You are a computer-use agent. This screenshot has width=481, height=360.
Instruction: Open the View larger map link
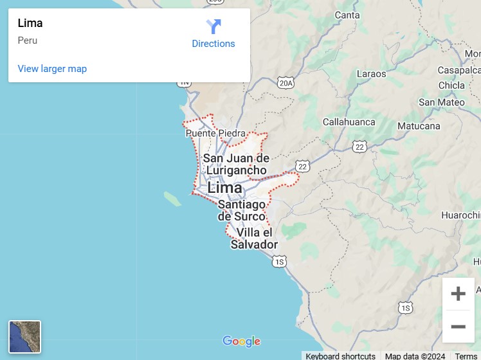[x=52, y=69]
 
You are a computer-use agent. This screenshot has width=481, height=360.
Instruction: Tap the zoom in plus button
[x=458, y=294]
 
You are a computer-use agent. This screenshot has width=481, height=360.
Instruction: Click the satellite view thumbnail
[x=24, y=337]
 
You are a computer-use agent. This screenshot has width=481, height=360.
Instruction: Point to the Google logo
[x=241, y=341]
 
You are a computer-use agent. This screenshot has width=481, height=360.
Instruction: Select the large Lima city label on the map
[x=224, y=188]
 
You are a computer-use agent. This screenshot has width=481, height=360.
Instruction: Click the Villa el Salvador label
[x=254, y=239]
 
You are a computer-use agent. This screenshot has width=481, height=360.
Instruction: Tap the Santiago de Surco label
[x=242, y=210]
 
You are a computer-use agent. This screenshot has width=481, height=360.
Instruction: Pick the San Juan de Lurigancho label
[x=236, y=164]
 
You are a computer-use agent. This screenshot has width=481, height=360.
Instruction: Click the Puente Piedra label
[x=215, y=134]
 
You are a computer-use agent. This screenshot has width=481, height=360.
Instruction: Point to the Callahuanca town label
[x=349, y=122]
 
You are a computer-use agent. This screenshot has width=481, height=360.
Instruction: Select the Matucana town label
[x=418, y=126]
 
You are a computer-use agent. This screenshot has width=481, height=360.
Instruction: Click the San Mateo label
[x=441, y=102]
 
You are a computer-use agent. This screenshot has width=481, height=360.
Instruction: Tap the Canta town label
[x=347, y=15]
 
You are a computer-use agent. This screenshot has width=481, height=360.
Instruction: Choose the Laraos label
[x=371, y=73]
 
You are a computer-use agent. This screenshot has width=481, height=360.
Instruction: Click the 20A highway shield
[x=286, y=83]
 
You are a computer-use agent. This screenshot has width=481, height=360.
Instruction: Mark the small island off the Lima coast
[x=172, y=198]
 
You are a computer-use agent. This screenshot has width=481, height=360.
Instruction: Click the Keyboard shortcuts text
[x=340, y=356]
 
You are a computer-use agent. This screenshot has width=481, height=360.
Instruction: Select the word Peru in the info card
[x=28, y=40]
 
